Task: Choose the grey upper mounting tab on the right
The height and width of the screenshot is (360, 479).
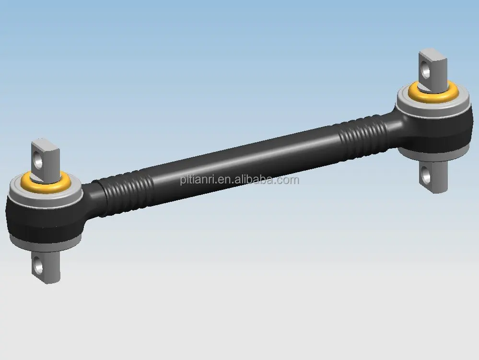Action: coord(431,65)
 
